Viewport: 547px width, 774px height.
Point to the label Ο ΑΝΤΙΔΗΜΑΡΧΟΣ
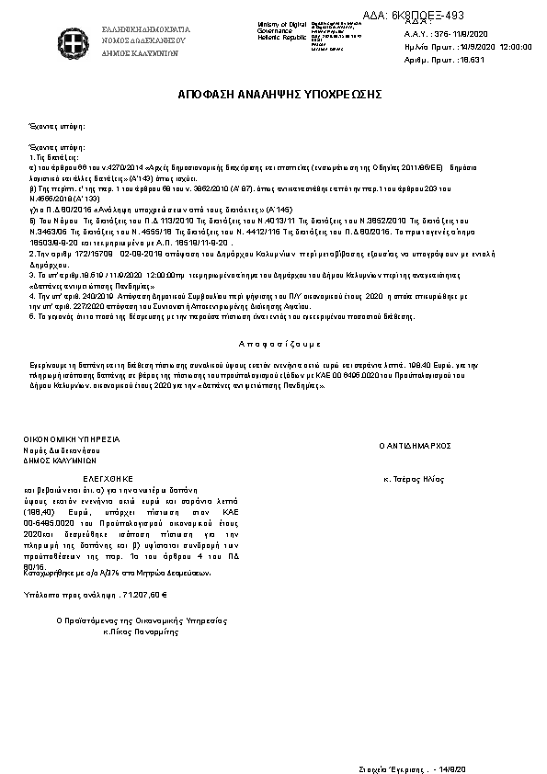(418, 444)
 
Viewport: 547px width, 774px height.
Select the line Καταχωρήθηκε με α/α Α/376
(118, 572)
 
